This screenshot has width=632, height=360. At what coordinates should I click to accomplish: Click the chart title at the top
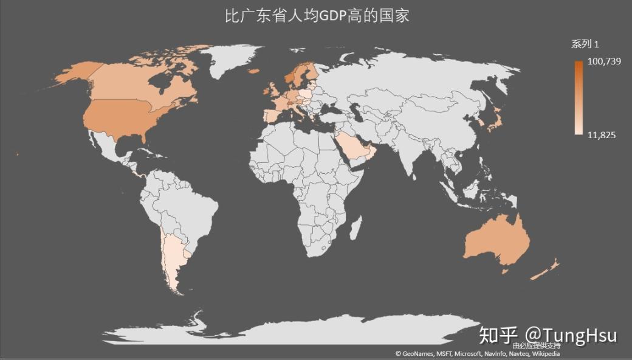317,15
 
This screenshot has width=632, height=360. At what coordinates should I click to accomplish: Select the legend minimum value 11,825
602,134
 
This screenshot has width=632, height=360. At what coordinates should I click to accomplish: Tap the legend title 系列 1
585,44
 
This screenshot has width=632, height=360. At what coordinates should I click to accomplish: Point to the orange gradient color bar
577,97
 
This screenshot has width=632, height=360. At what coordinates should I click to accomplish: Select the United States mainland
128,119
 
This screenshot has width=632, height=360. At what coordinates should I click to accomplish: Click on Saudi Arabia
355,145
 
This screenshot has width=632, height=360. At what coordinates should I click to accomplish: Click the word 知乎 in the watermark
498,334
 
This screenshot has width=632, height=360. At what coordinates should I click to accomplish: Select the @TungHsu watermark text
571,334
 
